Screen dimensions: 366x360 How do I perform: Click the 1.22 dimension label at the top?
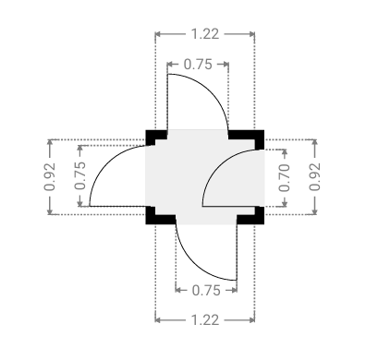[205, 34]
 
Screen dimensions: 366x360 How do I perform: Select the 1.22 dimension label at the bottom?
[205, 320]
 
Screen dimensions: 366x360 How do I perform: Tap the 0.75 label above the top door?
[198, 65]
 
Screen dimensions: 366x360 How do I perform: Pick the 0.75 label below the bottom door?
[206, 291]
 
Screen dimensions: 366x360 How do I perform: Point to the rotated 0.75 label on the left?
[80, 175]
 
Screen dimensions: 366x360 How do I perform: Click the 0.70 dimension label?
[285, 178]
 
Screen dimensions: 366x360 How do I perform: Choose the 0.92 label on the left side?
[49, 176]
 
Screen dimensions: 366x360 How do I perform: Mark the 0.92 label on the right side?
[315, 176]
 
